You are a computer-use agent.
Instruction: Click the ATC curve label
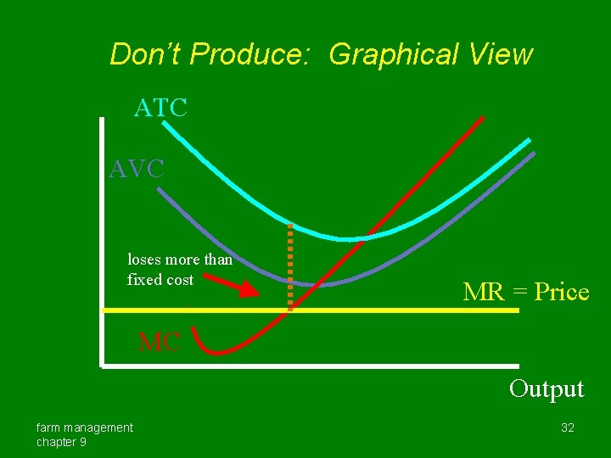[x=160, y=109]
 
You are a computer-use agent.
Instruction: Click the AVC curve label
[x=136, y=169]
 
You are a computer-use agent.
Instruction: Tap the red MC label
[x=160, y=343]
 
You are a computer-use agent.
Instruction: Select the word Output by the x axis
[x=547, y=388]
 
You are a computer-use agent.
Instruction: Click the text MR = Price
[x=525, y=293]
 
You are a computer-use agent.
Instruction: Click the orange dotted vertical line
[x=290, y=267]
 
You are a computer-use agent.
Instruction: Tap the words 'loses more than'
[x=179, y=260]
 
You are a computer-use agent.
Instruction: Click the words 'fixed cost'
[x=160, y=280]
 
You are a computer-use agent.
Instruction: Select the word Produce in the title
[x=254, y=54]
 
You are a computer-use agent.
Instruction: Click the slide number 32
[x=568, y=427]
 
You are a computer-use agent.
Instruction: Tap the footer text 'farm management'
[x=84, y=427]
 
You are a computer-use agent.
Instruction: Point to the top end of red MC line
[x=483, y=118]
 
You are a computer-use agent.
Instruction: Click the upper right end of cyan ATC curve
[x=530, y=140]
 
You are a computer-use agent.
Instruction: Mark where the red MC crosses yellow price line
[x=285, y=311]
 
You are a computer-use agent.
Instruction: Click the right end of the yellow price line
[x=516, y=311]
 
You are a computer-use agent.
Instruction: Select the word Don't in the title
[x=146, y=54]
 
